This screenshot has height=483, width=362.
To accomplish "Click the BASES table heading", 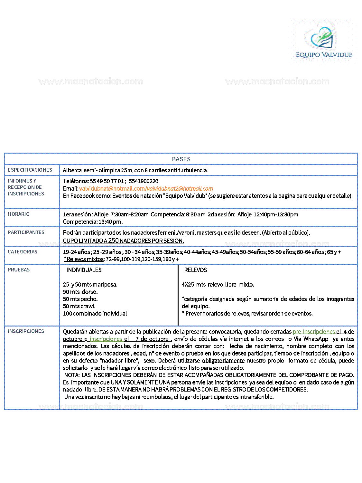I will (181, 159).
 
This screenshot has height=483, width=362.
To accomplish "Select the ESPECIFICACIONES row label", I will (30, 170).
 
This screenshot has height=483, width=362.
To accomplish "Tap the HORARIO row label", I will (19, 214).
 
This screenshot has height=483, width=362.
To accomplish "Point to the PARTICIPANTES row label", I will (26, 232).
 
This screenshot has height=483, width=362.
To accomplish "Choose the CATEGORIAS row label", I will (23, 252).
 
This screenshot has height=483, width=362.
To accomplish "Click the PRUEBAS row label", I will (19, 270).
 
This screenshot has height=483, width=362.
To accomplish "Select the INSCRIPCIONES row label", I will (26, 331).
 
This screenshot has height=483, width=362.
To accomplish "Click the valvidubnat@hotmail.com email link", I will (112, 189).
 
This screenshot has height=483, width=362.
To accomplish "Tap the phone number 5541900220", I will (144, 181).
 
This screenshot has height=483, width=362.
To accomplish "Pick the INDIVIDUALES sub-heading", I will (84, 270).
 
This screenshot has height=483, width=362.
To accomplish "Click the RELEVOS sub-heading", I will (196, 270).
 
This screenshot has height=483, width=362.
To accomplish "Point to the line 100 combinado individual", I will (95, 314).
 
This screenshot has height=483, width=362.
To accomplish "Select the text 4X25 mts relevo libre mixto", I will (218, 285).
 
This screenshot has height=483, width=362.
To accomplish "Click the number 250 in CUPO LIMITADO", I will (113, 241).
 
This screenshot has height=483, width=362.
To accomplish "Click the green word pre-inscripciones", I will (314, 332).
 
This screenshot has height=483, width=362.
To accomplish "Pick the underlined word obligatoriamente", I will (223, 361).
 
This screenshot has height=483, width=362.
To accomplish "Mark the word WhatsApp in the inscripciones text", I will (316, 339).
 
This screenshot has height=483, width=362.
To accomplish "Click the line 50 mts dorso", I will (80, 292).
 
